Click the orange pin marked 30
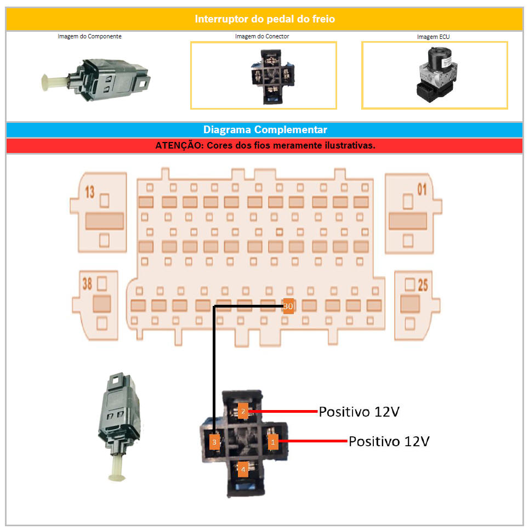pyautogui.click(x=288, y=306)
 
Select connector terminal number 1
pyautogui.click(x=274, y=441)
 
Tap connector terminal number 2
pyautogui.click(x=243, y=412)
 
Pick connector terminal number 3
pyautogui.click(x=214, y=442)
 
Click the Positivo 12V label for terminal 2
pyautogui.click(x=359, y=411)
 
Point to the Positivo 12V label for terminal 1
pyautogui.click(x=389, y=441)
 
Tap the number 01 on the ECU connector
pyautogui.click(x=421, y=190)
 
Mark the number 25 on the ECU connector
pyautogui.click(x=422, y=285)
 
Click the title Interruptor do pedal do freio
pyautogui.click(x=264, y=19)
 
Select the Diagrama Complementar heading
pyautogui.click(x=264, y=130)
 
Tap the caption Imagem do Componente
pyautogui.click(x=89, y=37)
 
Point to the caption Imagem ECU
pyautogui.click(x=434, y=37)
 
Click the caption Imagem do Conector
pyautogui.click(x=262, y=37)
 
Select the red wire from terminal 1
pyautogui.click(x=312, y=441)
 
